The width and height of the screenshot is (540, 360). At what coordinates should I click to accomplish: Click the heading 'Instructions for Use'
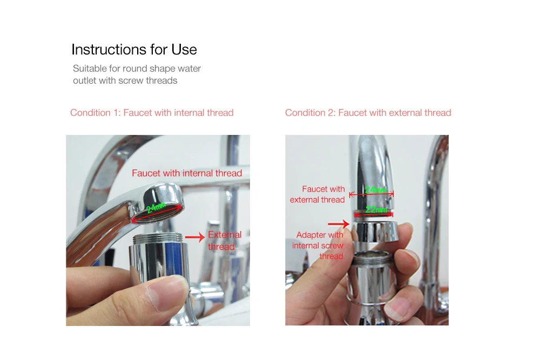[x=134, y=50]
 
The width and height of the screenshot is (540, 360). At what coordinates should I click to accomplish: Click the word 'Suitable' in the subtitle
[x=90, y=69]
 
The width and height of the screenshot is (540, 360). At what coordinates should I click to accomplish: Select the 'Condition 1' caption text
[x=152, y=113]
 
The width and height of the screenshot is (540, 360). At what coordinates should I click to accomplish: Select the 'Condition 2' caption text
[x=368, y=113]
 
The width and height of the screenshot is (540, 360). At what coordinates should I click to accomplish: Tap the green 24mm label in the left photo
[x=156, y=208]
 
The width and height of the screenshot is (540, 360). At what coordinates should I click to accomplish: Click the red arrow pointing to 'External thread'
[x=195, y=237]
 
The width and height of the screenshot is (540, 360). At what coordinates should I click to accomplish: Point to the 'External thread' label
[x=225, y=241]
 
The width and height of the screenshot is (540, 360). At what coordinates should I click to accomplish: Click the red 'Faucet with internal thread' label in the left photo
[x=187, y=173]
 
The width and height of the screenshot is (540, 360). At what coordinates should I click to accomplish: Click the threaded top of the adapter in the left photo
[x=157, y=238]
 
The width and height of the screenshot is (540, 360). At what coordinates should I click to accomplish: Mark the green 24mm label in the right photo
[x=376, y=190]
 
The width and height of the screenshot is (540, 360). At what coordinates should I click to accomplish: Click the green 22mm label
[x=376, y=209]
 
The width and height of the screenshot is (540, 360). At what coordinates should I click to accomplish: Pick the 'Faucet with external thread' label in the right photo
[x=317, y=194]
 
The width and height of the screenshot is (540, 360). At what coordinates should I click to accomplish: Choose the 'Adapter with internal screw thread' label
[x=318, y=246]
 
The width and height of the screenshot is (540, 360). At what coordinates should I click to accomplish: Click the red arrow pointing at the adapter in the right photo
[x=339, y=224]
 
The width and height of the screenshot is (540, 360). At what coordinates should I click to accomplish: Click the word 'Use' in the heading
[x=184, y=50]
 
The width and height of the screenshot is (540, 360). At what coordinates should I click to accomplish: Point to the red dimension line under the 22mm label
[x=374, y=215]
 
